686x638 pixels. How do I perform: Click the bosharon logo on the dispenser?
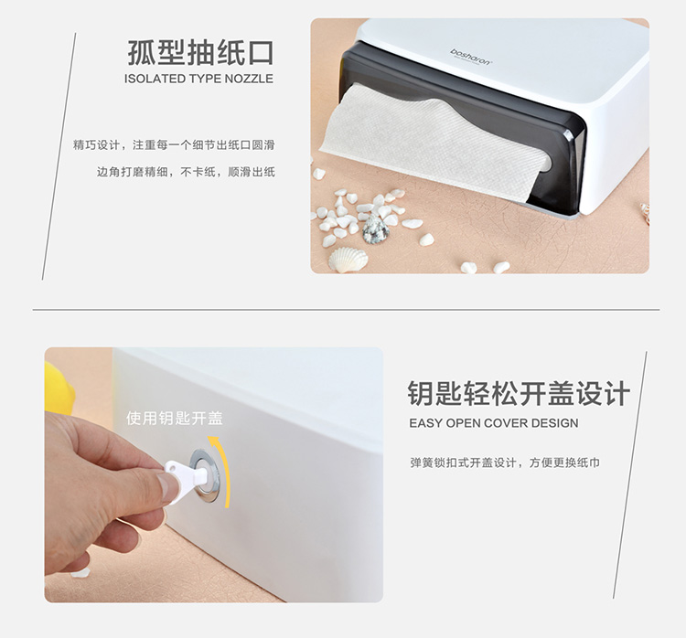pyautogui.click(x=471, y=57)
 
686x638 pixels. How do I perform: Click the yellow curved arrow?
pyautogui.click(x=221, y=471)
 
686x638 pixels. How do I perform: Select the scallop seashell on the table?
pyautogui.click(x=348, y=260)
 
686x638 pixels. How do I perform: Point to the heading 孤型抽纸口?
pyautogui.click(x=201, y=53)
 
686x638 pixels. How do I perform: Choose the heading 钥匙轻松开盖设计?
pyautogui.click(x=519, y=393)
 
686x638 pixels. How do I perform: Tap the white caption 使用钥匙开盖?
pyautogui.click(x=175, y=418)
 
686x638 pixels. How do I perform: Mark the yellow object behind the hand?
pyautogui.click(x=59, y=389)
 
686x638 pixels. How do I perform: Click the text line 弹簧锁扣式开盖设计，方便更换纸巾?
pyautogui.click(x=504, y=463)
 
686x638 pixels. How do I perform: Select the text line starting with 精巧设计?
pyautogui.click(x=174, y=144)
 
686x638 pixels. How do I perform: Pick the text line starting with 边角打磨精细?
pyautogui.click(x=186, y=172)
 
